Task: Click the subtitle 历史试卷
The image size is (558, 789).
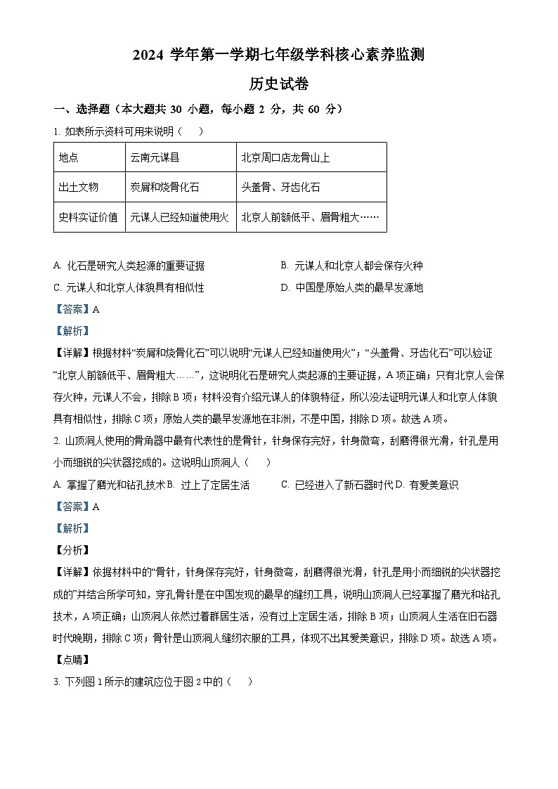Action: [279, 84]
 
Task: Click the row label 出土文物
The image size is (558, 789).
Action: [79, 187]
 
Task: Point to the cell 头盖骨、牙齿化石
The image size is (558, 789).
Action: [280, 187]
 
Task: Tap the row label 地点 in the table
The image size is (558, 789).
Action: [69, 157]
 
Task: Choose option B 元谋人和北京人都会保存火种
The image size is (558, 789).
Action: [351, 266]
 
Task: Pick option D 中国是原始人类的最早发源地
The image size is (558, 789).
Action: [351, 287]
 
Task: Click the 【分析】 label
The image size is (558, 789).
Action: [72, 550]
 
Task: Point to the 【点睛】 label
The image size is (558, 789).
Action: [72, 660]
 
